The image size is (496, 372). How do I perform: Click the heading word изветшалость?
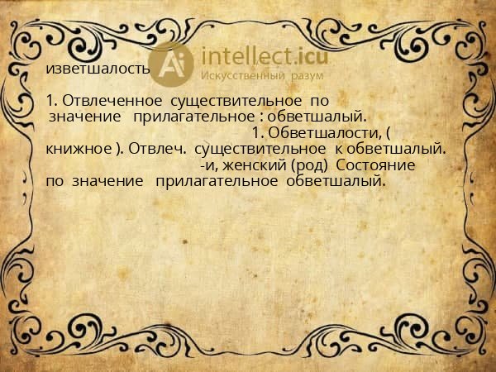(98, 69)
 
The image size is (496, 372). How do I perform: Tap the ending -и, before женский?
(209, 165)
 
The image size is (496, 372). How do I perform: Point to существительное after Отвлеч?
(259, 150)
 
